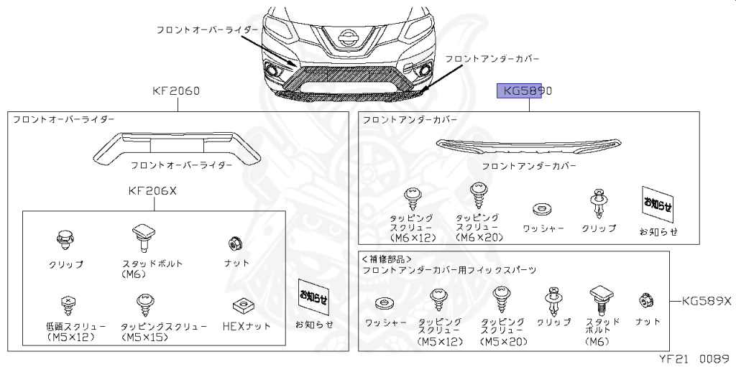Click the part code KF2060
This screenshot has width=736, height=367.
176,91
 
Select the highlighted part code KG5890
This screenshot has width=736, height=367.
527,91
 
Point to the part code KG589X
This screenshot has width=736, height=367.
705,301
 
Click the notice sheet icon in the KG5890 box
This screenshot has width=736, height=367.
657,205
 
